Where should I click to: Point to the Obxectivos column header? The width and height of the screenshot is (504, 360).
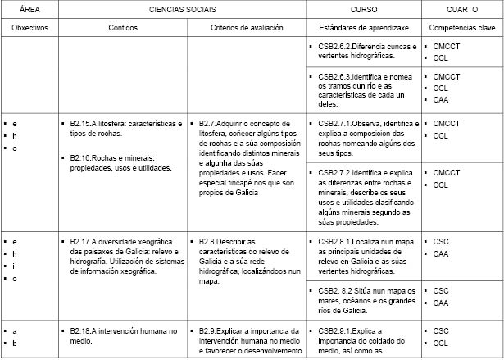(x=30, y=27)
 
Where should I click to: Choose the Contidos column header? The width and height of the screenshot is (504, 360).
(x=123, y=27)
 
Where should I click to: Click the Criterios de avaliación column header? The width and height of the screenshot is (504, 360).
(x=246, y=27)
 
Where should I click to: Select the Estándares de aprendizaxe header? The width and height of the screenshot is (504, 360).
(x=363, y=27)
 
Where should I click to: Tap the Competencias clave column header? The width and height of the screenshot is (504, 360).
(x=462, y=27)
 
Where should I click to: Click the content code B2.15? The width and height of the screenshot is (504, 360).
(x=82, y=124)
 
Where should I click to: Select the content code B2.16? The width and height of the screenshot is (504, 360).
(x=82, y=158)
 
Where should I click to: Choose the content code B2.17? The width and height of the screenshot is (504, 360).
(x=82, y=242)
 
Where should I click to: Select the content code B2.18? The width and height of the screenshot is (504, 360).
(x=82, y=330)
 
